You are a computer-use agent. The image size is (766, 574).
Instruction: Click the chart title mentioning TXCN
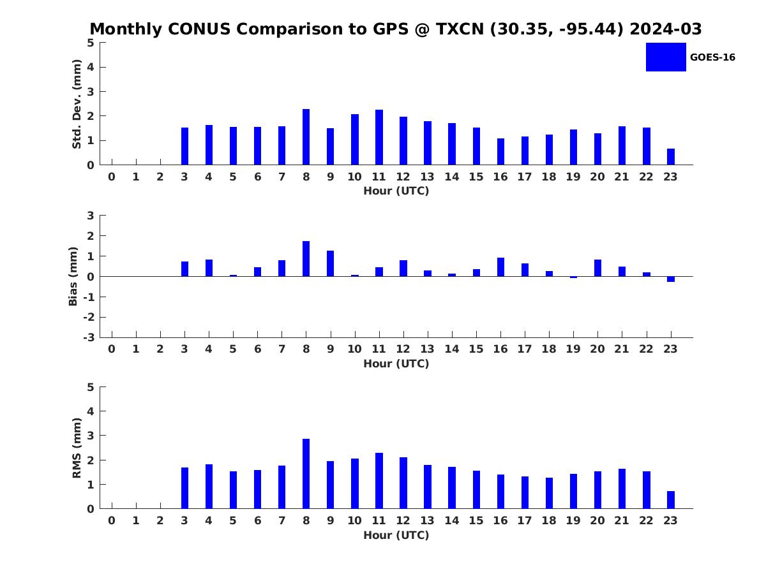point(396,29)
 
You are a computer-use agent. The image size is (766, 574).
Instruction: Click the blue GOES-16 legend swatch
point(665,57)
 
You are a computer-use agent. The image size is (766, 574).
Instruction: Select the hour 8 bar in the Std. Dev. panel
point(306,137)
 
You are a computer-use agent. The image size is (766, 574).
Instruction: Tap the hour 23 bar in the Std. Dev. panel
point(671,157)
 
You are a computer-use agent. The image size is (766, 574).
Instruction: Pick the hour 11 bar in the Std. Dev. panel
point(379,137)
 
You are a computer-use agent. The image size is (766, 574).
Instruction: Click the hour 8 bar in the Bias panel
point(306,259)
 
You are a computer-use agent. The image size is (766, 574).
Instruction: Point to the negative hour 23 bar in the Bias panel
point(671,279)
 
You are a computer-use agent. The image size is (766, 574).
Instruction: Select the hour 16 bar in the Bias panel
point(500,267)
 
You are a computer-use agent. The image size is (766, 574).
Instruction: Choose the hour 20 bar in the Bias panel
point(597,268)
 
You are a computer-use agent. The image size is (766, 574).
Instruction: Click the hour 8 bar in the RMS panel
point(306,474)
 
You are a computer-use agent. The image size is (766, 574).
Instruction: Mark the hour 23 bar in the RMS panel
point(671,500)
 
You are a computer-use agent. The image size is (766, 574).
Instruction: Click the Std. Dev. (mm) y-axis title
point(77,104)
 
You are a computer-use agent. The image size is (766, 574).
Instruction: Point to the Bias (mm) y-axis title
point(73,276)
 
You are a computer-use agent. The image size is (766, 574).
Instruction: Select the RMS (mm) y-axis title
point(77,448)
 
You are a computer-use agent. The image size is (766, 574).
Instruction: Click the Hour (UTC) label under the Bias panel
point(396,364)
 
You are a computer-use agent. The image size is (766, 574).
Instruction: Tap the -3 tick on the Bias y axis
point(90,337)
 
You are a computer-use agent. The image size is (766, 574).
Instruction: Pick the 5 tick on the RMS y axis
point(91,387)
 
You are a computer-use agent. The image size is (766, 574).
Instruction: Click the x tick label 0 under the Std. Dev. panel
point(112,177)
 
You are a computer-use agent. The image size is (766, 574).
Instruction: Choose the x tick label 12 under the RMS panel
point(403,520)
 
